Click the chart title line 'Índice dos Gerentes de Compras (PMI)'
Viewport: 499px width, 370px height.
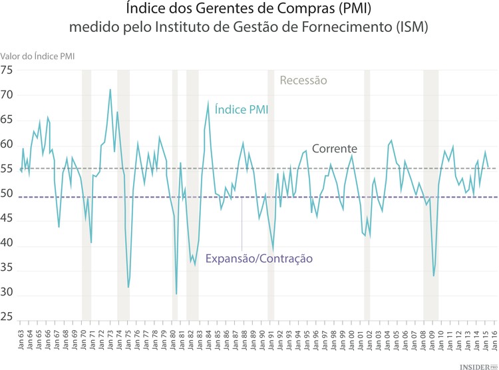tap(249, 10)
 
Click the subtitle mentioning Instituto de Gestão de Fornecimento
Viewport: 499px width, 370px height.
tap(249, 28)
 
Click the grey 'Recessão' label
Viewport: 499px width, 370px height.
tap(303, 81)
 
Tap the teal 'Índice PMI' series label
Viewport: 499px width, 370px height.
tap(242, 109)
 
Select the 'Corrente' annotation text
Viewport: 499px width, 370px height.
tap(335, 148)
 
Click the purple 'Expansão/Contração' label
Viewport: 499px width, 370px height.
tap(259, 259)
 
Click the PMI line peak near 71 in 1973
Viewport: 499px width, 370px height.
tap(110, 89)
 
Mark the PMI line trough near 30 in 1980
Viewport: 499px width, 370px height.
tap(176, 293)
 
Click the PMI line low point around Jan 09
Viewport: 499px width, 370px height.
tap(434, 276)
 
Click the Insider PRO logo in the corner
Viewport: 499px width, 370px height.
tap(474, 365)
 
